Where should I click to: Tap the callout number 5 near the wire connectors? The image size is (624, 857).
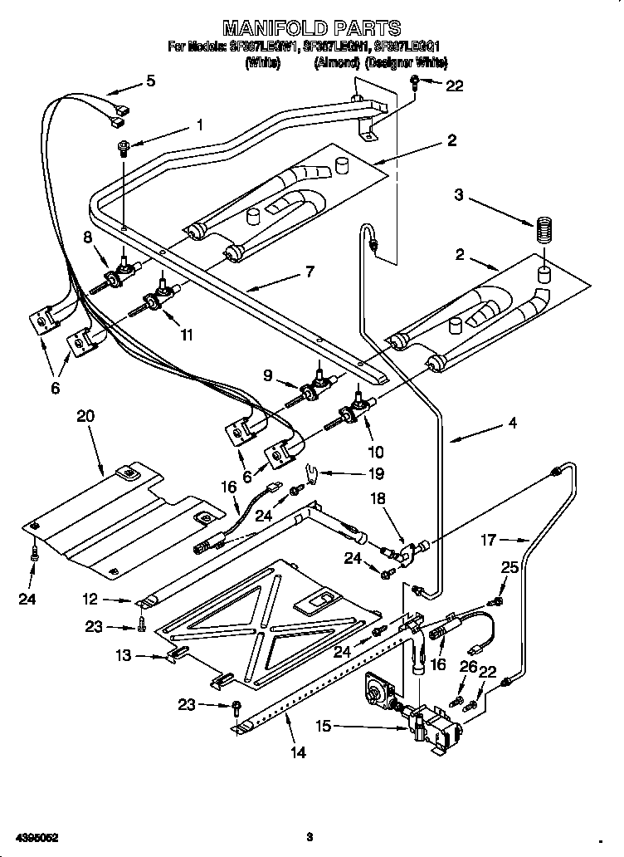[150, 81]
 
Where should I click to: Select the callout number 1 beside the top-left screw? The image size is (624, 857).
[199, 125]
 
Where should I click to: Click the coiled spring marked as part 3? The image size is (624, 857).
[544, 230]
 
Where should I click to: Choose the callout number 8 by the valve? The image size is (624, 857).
[88, 238]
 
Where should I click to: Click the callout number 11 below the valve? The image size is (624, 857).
[187, 335]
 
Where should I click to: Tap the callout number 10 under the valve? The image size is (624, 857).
[375, 452]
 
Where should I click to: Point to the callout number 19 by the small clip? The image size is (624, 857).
[376, 474]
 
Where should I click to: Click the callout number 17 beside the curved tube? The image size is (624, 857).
[489, 540]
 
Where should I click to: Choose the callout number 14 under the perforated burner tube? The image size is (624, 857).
[298, 752]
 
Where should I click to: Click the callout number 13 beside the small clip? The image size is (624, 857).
[124, 655]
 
